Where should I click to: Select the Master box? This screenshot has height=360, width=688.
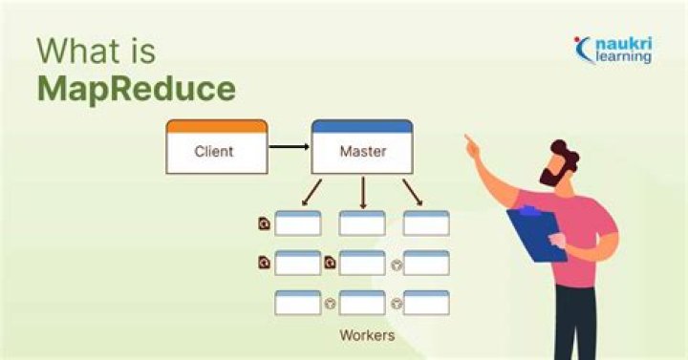361,149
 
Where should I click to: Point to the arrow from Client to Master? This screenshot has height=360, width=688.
288,147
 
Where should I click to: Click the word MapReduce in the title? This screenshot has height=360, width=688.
136,88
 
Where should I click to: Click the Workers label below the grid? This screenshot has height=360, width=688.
367,336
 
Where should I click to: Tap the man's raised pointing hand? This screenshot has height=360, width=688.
471,145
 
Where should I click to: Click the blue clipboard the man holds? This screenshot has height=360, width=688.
537,234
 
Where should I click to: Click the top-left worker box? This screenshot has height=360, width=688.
297,223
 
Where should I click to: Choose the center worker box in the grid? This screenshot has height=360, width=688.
362,263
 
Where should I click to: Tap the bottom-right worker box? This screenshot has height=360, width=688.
426,303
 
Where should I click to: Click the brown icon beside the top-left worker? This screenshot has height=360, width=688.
264,223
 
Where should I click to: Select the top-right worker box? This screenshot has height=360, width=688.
426,223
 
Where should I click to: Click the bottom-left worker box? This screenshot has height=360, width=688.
297,303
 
